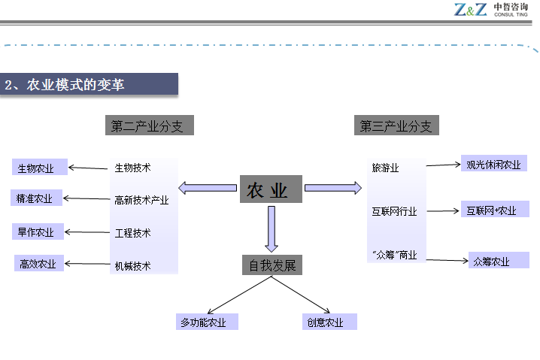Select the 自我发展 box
[272, 265]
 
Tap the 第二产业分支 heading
[147, 126]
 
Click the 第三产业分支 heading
[396, 126]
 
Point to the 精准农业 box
[35, 198]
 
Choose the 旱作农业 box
[35, 232]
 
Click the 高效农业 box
[38, 264]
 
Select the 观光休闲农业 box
[493, 164]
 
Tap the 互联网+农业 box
[492, 210]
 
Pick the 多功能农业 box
[207, 322]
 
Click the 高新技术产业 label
[141, 200]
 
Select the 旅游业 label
[385, 167]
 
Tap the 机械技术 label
[133, 265]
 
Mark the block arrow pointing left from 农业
[208, 187]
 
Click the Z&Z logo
[472, 10]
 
